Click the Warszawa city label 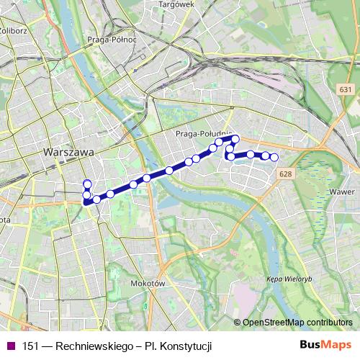69,153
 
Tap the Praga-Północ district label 111,40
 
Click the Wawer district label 339,192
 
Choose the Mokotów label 149,284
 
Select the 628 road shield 286,174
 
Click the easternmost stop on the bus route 274,157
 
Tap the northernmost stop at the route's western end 87,184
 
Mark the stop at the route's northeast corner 235,138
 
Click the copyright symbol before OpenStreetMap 238,322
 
